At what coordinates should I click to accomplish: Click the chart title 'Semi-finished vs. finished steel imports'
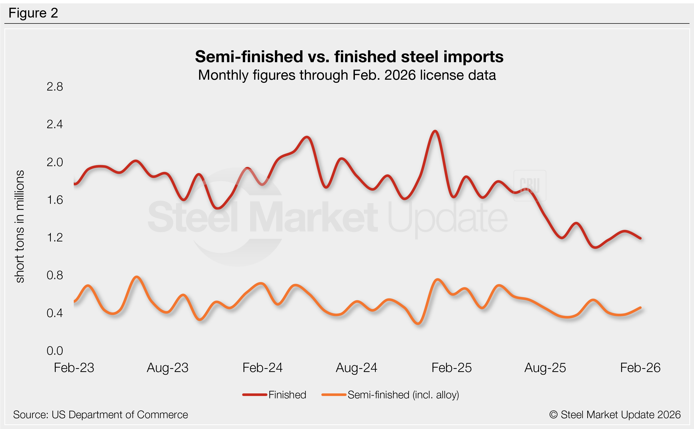(x=349, y=57)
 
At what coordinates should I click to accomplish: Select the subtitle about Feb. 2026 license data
(x=347, y=75)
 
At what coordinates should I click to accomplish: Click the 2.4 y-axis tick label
(x=55, y=124)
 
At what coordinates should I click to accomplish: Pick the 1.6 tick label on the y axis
(x=55, y=200)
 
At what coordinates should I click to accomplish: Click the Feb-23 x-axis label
(x=74, y=368)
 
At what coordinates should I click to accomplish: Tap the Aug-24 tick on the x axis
(x=356, y=368)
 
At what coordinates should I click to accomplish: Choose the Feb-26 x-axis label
(x=640, y=368)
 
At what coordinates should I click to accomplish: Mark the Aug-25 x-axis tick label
(x=545, y=368)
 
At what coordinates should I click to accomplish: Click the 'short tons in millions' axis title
(x=20, y=226)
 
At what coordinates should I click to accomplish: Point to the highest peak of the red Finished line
(x=435, y=131)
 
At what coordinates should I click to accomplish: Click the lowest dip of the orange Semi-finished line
(x=419, y=323)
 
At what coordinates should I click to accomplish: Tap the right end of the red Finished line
(x=640, y=238)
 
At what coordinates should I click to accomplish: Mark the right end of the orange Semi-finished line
(x=640, y=307)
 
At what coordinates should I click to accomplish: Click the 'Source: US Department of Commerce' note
(x=100, y=415)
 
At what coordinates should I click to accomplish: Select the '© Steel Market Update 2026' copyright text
(x=615, y=415)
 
